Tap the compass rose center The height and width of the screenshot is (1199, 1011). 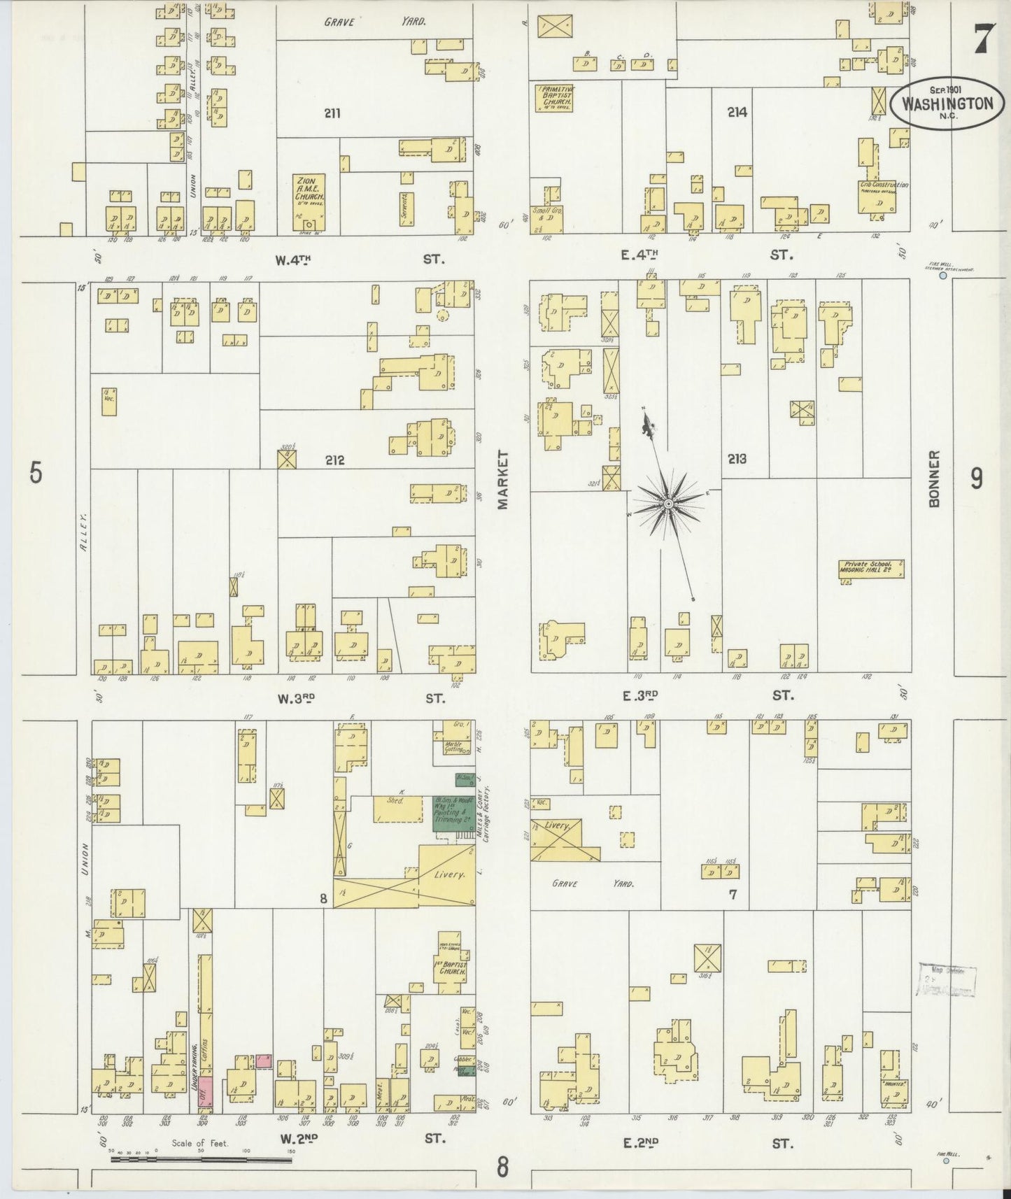click(x=668, y=504)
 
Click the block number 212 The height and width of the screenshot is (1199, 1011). click(x=334, y=461)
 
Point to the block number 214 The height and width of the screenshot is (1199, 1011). click(x=737, y=111)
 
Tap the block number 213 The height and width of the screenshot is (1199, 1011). click(x=736, y=459)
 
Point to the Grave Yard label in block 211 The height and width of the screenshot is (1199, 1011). click(x=375, y=22)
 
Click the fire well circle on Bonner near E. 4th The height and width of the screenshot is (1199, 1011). click(x=943, y=276)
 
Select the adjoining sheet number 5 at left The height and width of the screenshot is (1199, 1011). click(x=36, y=474)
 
